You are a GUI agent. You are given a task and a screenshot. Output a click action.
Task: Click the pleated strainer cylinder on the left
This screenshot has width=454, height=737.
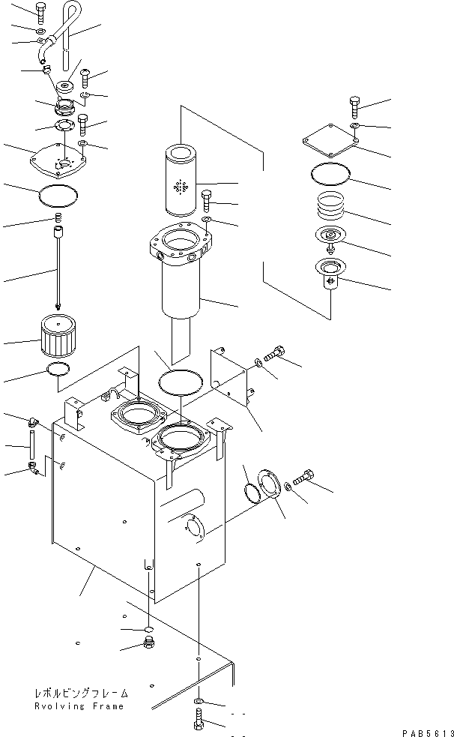click(x=56, y=338)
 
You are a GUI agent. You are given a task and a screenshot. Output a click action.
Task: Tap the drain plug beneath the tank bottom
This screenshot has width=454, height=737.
click(x=149, y=646)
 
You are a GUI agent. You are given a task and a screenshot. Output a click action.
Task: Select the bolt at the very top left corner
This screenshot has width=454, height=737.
click(x=40, y=10)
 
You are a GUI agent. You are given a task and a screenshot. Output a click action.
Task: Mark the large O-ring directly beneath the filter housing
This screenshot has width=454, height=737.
click(x=181, y=381)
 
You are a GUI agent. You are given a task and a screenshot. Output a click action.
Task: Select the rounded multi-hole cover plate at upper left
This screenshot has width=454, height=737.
click(x=58, y=160)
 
